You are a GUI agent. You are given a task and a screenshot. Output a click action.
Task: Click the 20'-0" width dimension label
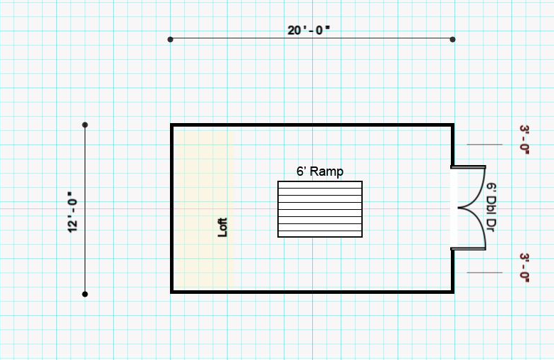coord(309,30)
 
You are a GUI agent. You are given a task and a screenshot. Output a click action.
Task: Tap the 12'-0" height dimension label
coord(72,212)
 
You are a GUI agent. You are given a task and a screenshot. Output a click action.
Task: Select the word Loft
coord(222,227)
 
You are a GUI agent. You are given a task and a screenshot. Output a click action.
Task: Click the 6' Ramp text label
coord(320,171)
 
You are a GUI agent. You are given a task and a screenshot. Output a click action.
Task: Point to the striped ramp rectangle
coord(320,209)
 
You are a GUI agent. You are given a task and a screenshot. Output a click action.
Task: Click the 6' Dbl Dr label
coord(491,207)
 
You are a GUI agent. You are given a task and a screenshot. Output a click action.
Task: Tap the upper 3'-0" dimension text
coord(525,139)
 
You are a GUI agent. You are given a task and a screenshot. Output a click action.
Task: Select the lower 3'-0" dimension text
coord(525,268)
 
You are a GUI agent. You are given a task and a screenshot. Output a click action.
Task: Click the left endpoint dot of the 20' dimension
coord(170,39)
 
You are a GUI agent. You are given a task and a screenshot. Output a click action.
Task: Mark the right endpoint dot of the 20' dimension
coord(452,39)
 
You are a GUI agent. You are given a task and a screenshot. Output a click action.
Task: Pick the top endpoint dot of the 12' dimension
coord(85,125)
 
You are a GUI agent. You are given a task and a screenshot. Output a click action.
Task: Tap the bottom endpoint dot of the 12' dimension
coord(85,294)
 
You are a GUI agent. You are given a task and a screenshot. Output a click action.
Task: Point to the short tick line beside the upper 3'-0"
coord(484,144)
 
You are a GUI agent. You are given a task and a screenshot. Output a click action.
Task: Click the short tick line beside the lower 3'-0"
coord(484,272)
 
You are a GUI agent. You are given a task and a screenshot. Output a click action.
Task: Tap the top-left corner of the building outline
coord(171,125)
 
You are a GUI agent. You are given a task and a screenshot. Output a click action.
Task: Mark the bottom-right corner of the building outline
coord(453,292)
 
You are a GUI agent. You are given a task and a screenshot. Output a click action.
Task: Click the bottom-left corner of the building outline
coord(171,292)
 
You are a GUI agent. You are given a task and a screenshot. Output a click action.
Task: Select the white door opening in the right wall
coord(454,208)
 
